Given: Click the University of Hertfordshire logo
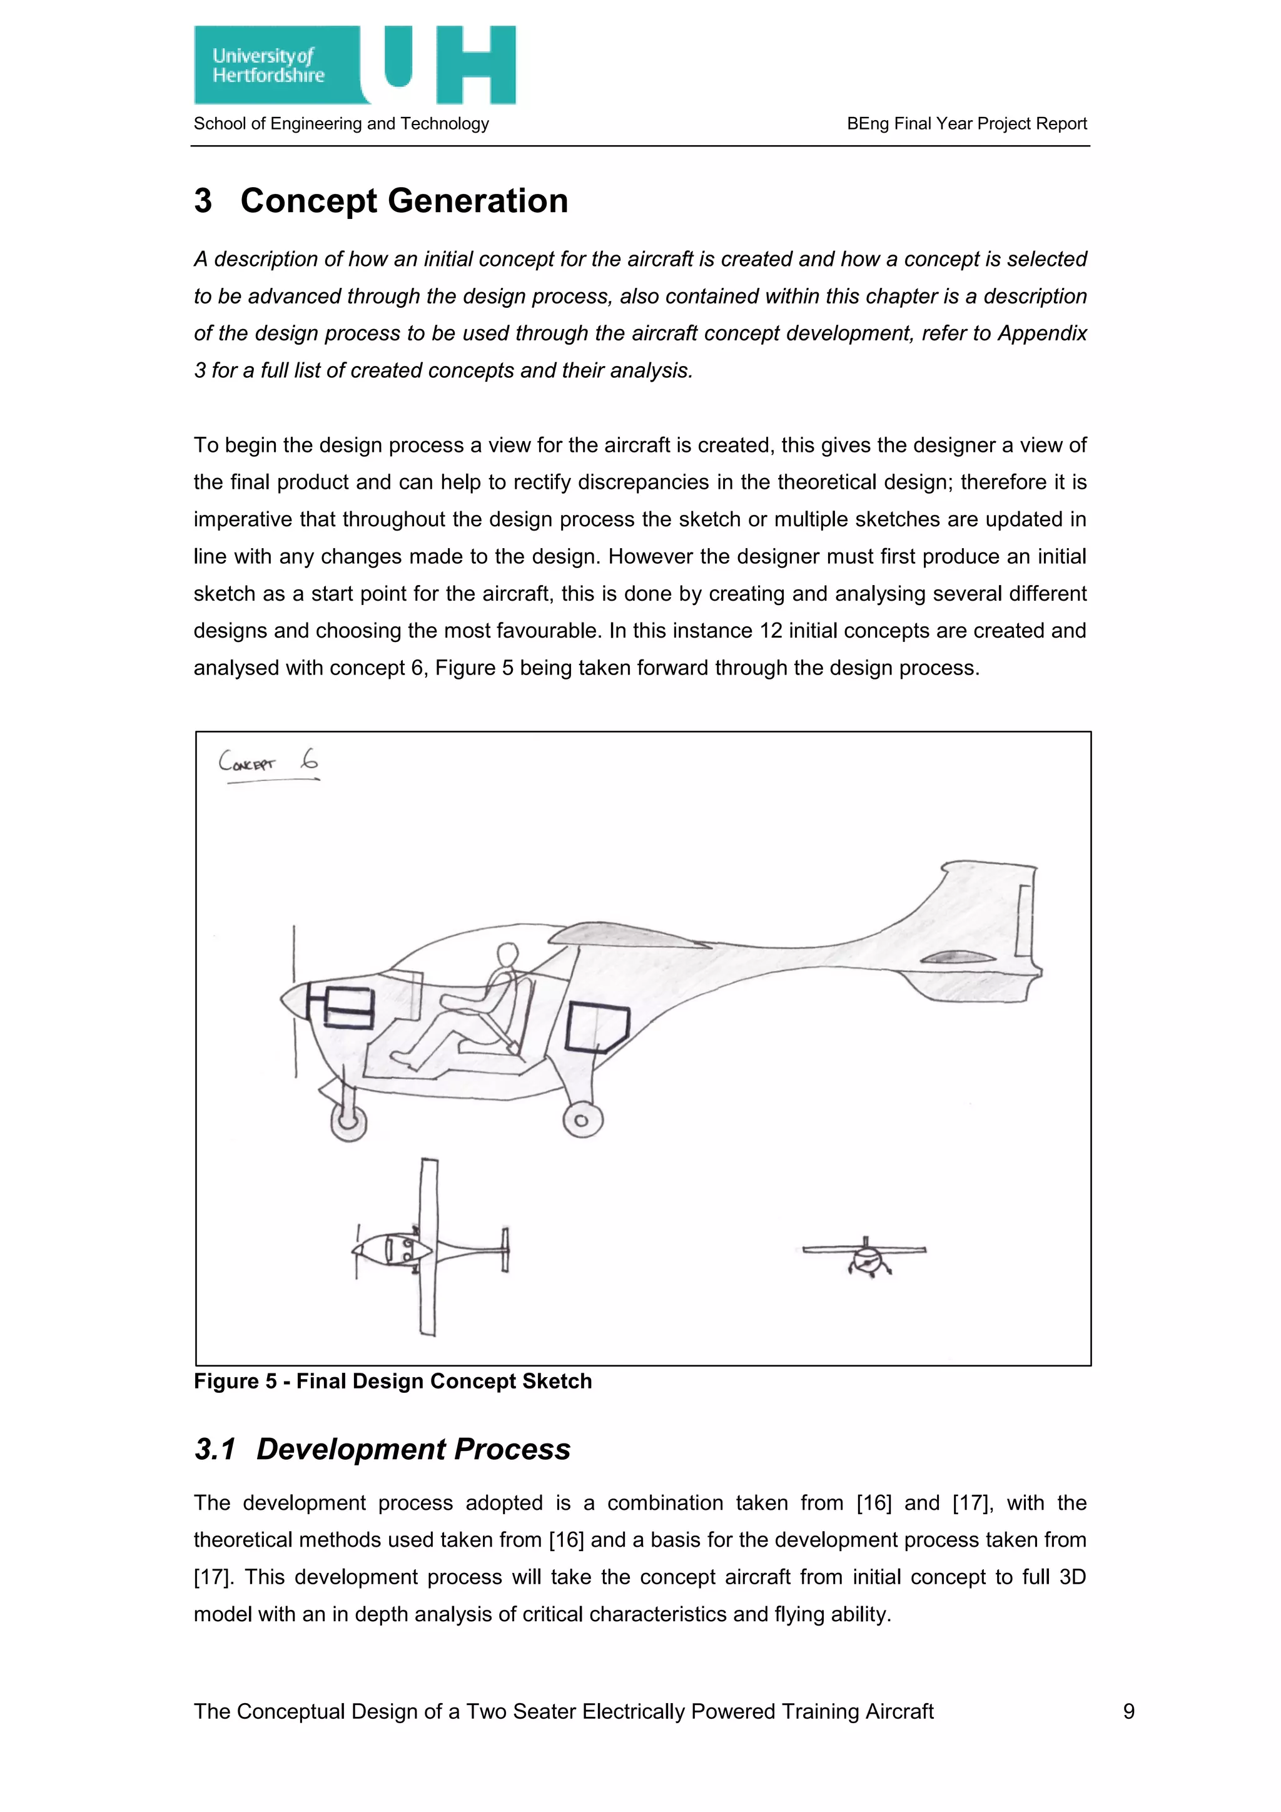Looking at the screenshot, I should pyautogui.click(x=354, y=64).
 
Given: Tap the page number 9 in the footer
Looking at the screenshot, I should pyautogui.click(x=1129, y=1711).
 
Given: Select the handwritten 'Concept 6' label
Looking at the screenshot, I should pyautogui.click(x=268, y=762).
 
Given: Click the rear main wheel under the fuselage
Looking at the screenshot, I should pyautogui.click(x=582, y=1120).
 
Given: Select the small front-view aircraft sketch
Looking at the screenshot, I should pyautogui.click(x=865, y=1256).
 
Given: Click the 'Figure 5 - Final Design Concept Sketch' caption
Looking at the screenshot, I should pyautogui.click(x=393, y=1381).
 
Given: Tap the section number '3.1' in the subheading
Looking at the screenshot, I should pyautogui.click(x=215, y=1450).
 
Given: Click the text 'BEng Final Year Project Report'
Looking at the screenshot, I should pyautogui.click(x=966, y=123).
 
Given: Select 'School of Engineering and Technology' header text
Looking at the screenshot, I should pyautogui.click(x=341, y=123).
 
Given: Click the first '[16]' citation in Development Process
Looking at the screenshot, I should pyautogui.click(x=873, y=1503).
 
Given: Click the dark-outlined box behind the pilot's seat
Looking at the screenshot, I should pyautogui.click(x=597, y=1027).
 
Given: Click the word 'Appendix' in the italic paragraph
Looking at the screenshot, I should pyautogui.click(x=1042, y=333).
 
